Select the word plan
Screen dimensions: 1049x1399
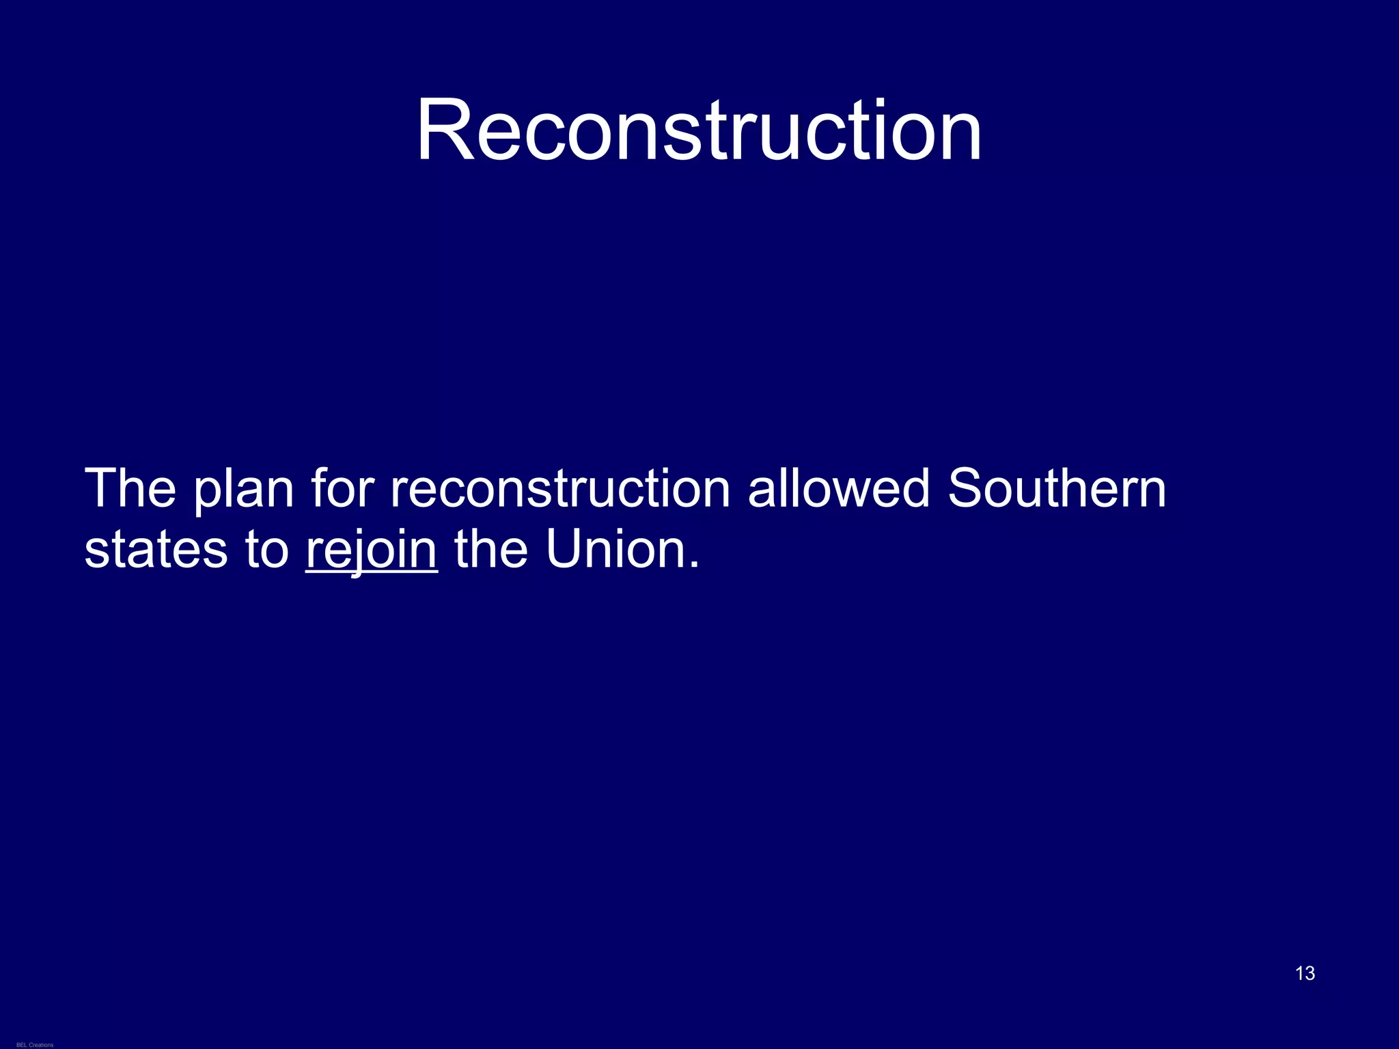click(243, 490)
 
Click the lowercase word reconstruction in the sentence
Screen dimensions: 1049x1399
click(560, 489)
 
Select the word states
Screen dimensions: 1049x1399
click(156, 550)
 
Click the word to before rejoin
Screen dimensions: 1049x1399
click(267, 550)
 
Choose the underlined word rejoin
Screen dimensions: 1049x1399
click(371, 550)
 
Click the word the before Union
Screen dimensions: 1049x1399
click(490, 549)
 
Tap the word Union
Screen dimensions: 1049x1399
click(615, 549)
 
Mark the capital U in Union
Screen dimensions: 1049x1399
click(564, 549)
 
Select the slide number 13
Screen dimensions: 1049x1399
click(1305, 973)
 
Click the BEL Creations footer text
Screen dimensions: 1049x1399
click(35, 1045)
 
